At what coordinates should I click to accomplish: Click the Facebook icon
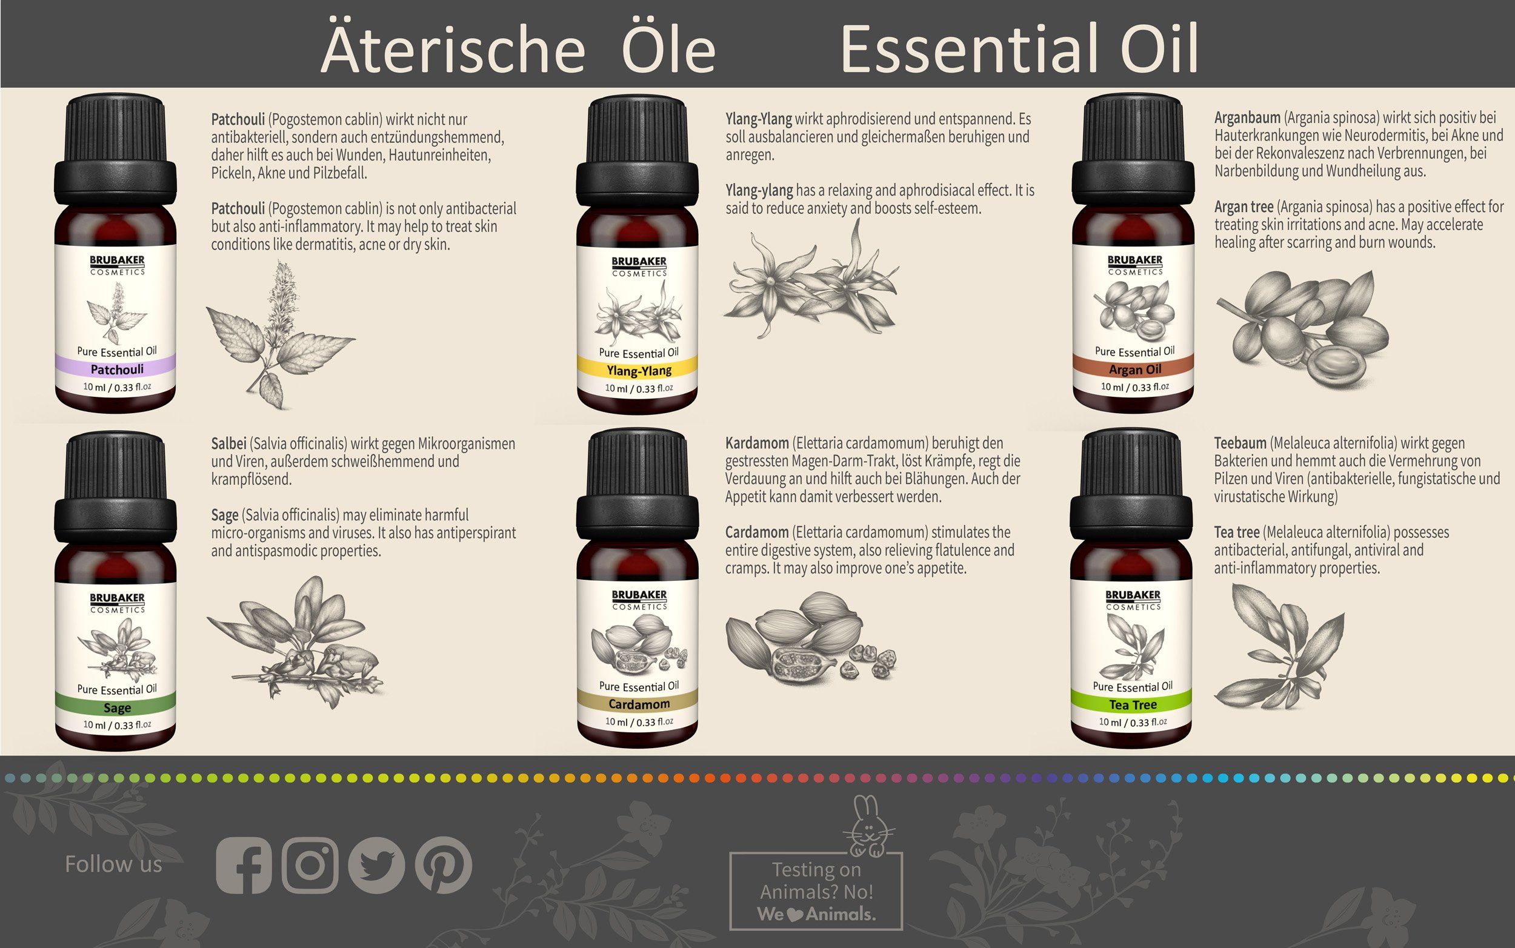244,866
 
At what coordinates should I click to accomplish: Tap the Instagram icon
310,866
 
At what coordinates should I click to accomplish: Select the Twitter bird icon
376,866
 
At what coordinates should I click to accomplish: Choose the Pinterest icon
444,866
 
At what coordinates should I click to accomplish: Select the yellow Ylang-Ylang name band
638,371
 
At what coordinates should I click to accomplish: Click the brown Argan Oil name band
1134,370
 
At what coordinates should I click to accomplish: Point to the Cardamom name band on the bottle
638,704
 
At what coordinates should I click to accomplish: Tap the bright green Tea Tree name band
1133,704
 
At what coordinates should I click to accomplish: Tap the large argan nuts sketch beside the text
1304,329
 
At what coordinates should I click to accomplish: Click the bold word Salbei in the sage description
228,444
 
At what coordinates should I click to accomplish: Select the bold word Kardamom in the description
756,443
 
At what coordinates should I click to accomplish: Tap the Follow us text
113,864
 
